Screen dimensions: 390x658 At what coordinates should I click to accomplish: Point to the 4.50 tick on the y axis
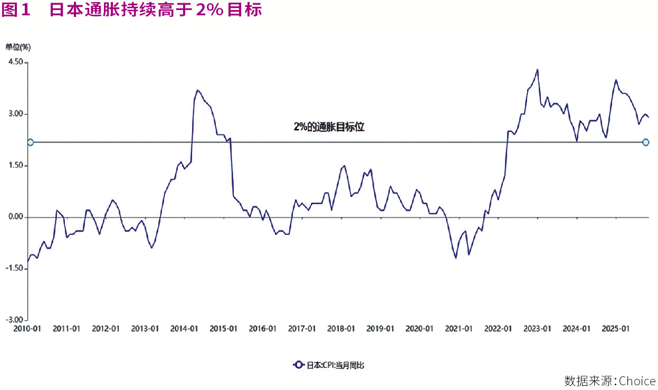(x=15, y=62)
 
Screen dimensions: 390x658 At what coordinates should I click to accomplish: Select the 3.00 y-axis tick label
(x=15, y=114)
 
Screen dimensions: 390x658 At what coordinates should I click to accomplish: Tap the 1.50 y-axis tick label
(x=15, y=166)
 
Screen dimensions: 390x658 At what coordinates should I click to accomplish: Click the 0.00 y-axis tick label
(x=15, y=217)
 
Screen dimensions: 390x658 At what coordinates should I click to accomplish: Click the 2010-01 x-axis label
(x=27, y=329)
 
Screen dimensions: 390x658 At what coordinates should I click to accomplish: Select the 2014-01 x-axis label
(x=184, y=329)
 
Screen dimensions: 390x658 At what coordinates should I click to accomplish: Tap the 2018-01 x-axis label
(x=341, y=329)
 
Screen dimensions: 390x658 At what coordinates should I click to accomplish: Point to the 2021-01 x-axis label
(x=459, y=329)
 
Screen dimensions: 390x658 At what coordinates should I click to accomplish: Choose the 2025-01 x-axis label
(x=615, y=329)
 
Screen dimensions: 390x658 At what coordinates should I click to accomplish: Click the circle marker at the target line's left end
(x=30, y=142)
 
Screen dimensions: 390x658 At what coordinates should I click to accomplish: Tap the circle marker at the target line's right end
(x=646, y=142)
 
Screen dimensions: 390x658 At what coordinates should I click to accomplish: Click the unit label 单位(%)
(x=18, y=47)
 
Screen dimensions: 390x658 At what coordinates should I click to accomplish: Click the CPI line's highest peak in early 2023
(x=537, y=70)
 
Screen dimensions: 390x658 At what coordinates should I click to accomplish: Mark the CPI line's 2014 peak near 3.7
(x=197, y=90)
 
